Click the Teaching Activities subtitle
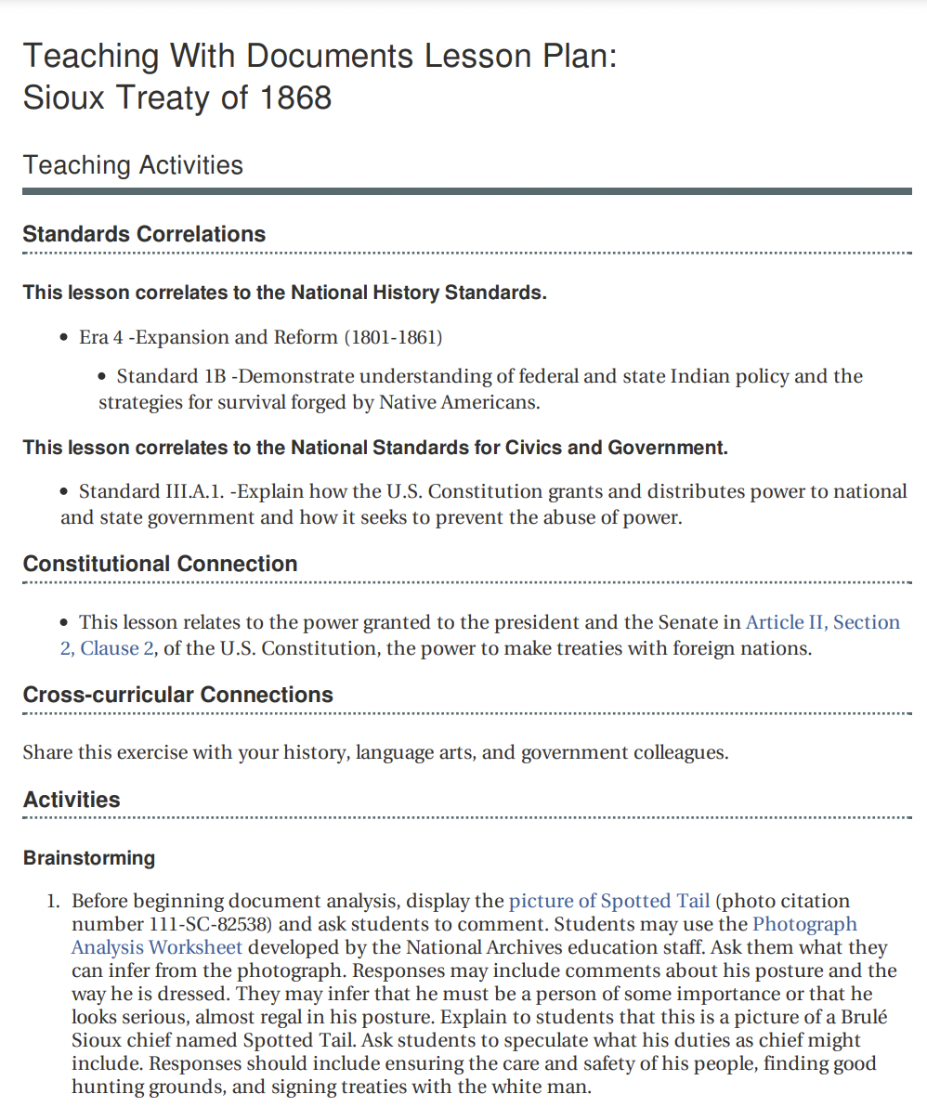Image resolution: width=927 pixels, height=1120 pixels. [x=133, y=165]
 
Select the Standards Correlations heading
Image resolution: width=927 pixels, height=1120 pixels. [x=144, y=234]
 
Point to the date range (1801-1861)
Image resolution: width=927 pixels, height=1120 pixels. [x=393, y=337]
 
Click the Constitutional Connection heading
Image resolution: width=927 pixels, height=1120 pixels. [x=160, y=564]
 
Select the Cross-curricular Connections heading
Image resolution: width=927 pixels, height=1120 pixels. [x=177, y=695]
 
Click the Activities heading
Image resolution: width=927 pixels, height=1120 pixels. [x=72, y=800]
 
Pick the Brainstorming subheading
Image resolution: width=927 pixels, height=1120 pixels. [x=88, y=857]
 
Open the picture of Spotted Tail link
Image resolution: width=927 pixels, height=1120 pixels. [x=609, y=901]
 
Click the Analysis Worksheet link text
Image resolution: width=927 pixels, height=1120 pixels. [x=157, y=947]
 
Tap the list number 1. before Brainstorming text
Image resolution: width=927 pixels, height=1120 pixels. [x=53, y=901]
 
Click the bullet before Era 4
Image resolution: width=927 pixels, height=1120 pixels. [x=65, y=338]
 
